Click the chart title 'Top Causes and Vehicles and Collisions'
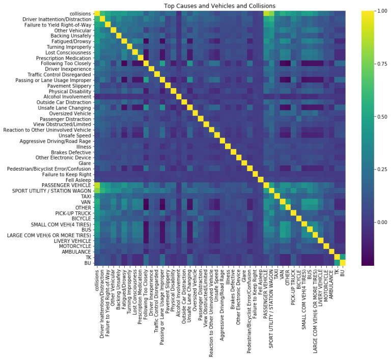click(219, 6)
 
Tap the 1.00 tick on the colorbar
click(382, 11)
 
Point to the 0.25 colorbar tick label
click(382, 170)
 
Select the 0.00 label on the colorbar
click(382, 223)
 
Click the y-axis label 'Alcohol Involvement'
click(67, 97)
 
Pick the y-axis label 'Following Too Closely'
click(66, 64)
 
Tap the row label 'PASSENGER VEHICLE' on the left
click(66, 185)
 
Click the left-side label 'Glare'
click(85, 163)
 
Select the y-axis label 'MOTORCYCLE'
click(75, 246)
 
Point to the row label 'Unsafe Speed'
click(75, 135)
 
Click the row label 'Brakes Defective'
click(71, 152)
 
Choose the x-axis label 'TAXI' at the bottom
click(276, 275)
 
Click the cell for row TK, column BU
click(343, 257)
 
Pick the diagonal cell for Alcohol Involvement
click(179, 97)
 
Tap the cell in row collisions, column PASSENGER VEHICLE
click(266, 13)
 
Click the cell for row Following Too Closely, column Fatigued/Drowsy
click(124, 64)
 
